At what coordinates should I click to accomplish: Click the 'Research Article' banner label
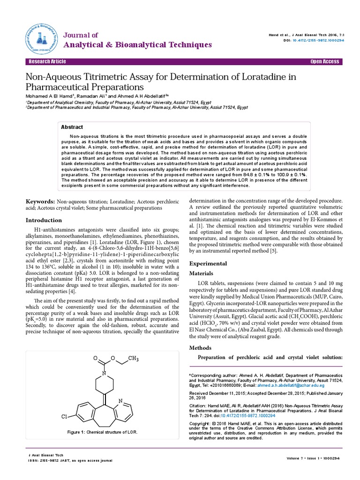(47, 62)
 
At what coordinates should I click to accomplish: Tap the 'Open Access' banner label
(324, 62)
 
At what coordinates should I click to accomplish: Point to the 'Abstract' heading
(72, 127)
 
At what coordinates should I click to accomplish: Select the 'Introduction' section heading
(44, 220)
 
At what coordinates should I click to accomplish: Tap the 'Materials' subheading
(201, 273)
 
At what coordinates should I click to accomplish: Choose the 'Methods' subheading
(199, 348)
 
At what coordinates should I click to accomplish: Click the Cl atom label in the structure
(65, 416)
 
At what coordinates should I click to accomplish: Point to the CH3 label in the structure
(134, 359)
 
